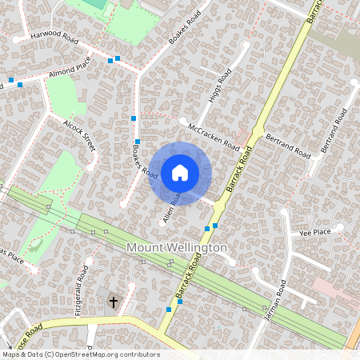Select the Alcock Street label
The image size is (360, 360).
[x=80, y=135]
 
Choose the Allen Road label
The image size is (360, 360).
[x=173, y=207]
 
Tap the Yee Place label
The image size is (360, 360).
[x=314, y=232]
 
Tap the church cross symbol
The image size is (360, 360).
[x=114, y=302]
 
